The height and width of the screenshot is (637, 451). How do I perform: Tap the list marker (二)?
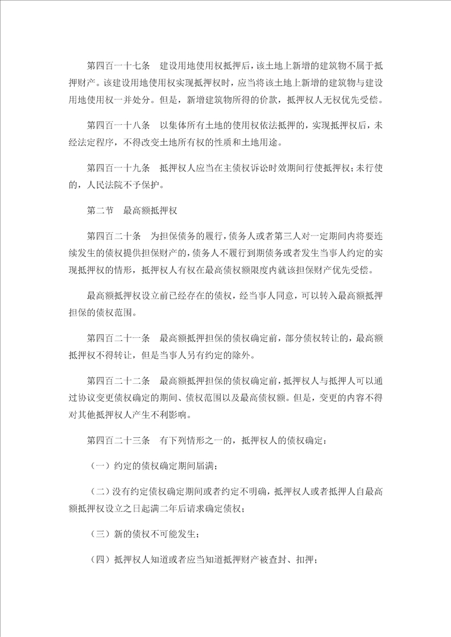[100, 491]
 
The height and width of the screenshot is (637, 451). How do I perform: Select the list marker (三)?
[100, 533]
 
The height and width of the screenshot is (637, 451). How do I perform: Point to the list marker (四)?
[100, 559]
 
